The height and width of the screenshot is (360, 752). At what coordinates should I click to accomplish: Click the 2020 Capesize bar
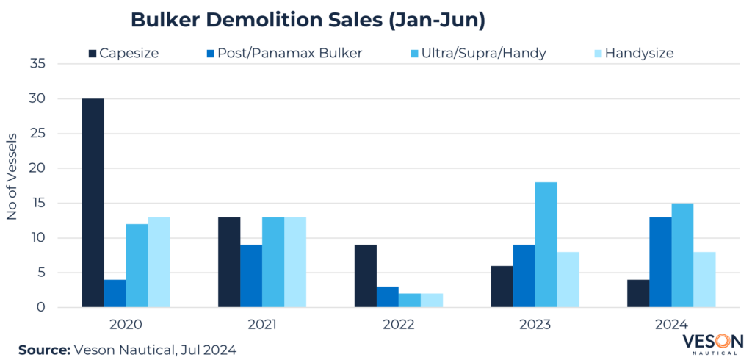[93, 203]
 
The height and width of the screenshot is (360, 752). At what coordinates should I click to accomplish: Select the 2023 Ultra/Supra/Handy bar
[546, 245]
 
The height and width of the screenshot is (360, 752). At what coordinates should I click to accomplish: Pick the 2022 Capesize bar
[365, 276]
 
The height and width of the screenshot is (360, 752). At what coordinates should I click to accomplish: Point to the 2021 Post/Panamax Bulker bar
[251, 276]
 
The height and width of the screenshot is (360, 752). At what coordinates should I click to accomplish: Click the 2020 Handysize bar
[159, 262]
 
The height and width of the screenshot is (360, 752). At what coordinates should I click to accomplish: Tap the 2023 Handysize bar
[568, 279]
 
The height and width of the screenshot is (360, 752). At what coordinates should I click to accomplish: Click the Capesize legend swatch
[93, 54]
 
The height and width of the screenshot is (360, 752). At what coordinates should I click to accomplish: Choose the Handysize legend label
[639, 54]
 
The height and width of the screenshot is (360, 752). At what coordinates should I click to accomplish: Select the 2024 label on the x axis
[672, 324]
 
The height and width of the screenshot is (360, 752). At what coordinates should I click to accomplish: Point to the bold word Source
[43, 350]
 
